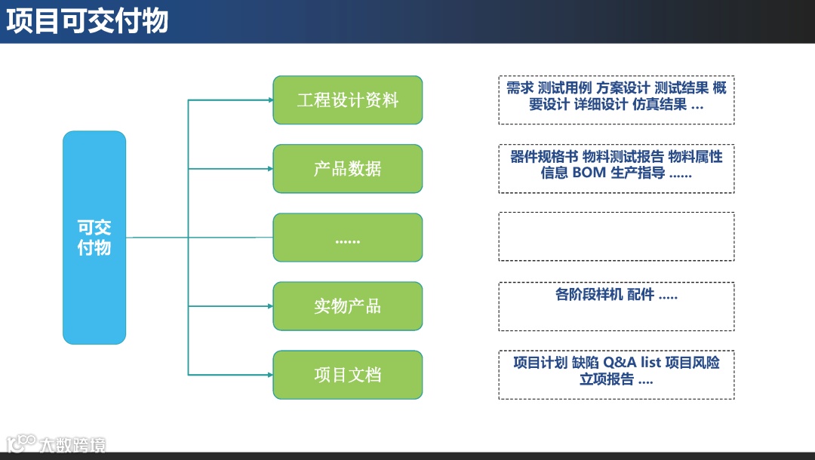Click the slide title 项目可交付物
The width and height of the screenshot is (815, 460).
point(87,22)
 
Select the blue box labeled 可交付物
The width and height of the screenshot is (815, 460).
point(94,238)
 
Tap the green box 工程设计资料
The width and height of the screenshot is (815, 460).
point(347,100)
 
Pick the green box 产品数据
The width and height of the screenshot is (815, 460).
point(347,168)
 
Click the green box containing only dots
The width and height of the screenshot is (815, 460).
point(347,238)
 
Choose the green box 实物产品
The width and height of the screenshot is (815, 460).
point(347,306)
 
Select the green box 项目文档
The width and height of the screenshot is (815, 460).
point(347,375)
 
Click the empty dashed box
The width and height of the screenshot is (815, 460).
point(616,237)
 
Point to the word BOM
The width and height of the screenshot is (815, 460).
point(589,173)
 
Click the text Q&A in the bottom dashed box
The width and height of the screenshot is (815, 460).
point(620,363)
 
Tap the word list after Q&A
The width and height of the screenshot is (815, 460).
point(650,363)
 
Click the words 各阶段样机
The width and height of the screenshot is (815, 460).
point(589,295)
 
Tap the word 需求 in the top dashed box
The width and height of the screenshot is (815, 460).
point(520,88)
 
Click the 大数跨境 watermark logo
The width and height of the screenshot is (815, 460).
point(56,443)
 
